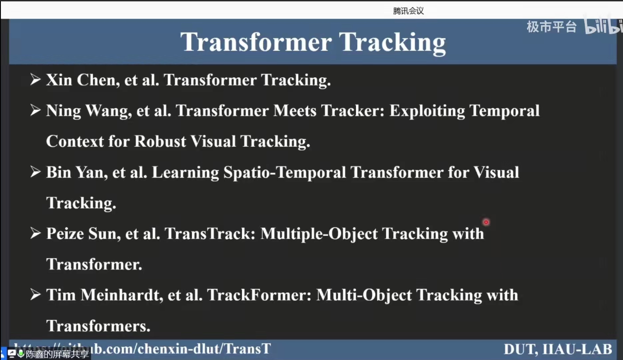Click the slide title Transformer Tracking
[x=313, y=43]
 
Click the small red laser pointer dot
[x=486, y=222]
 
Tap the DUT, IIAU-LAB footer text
[x=558, y=349]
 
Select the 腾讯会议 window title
[x=408, y=11]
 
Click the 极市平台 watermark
[x=551, y=27]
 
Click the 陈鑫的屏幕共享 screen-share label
[x=57, y=354]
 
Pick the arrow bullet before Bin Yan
[x=35, y=172]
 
